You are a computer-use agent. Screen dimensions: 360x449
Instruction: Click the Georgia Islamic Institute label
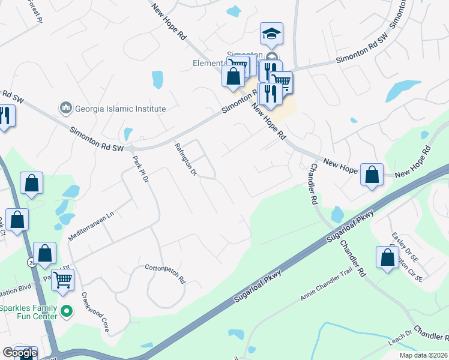pyautogui.click(x=119, y=109)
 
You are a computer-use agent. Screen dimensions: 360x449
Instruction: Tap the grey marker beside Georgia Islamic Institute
pyautogui.click(x=65, y=109)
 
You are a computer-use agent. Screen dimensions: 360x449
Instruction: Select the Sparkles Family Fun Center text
pyautogui.click(x=29, y=312)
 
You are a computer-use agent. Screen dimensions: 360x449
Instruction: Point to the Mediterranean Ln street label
pyautogui.click(x=91, y=226)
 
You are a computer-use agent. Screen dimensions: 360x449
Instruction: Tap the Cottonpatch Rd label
pyautogui.click(x=165, y=273)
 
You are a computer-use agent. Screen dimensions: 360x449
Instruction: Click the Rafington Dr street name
pyautogui.click(x=185, y=158)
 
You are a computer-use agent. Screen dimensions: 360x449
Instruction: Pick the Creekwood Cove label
pyautogui.click(x=96, y=312)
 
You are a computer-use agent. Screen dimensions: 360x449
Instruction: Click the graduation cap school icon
pyautogui.click(x=271, y=34)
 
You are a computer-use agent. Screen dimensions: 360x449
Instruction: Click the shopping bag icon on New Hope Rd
pyautogui.click(x=372, y=175)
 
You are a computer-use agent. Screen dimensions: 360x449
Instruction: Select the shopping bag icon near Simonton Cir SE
pyautogui.click(x=387, y=256)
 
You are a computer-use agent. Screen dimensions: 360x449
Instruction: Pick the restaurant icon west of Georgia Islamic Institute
pyautogui.click(x=5, y=115)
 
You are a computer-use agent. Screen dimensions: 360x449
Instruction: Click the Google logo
pyautogui.click(x=19, y=353)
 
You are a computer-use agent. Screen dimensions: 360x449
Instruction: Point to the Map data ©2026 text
pyautogui.click(x=423, y=355)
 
